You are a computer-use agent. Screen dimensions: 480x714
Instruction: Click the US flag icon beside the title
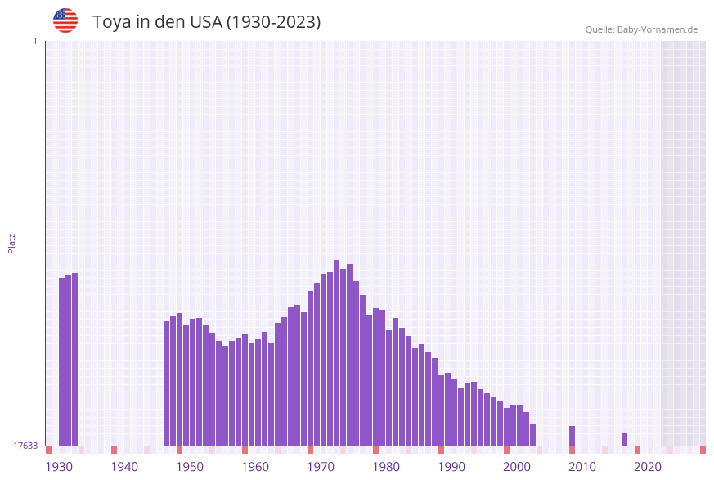pos(65,20)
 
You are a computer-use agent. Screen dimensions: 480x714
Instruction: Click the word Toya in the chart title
pos(112,22)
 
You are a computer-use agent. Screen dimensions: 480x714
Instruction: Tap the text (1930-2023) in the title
pos(273,22)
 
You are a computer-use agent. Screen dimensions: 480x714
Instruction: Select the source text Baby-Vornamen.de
pos(658,30)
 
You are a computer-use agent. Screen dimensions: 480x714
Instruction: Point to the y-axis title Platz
pos(12,243)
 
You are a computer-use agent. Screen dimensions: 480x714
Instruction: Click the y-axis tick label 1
pos(34,41)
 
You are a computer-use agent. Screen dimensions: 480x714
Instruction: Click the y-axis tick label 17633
pos(25,446)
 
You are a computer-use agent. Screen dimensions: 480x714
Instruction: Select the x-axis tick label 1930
pos(59,467)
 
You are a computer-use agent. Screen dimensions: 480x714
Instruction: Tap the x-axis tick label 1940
pos(124,467)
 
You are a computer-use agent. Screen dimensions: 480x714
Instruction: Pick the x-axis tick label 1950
pos(190,467)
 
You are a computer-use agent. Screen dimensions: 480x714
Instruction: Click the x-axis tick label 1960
pos(255,467)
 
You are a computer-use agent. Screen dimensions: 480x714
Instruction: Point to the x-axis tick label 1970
pos(321,467)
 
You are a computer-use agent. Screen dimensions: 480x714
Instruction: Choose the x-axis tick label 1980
pos(386,467)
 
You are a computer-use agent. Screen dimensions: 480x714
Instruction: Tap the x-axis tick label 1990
pos(451,467)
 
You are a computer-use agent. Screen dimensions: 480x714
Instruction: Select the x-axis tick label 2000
pos(517,467)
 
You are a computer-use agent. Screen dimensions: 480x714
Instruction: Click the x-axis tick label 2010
pos(582,467)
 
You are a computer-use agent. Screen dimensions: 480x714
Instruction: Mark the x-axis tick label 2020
pos(648,467)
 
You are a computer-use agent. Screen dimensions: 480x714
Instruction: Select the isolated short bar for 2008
pos(572,436)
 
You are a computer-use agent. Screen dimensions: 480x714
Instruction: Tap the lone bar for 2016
pos(624,440)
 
